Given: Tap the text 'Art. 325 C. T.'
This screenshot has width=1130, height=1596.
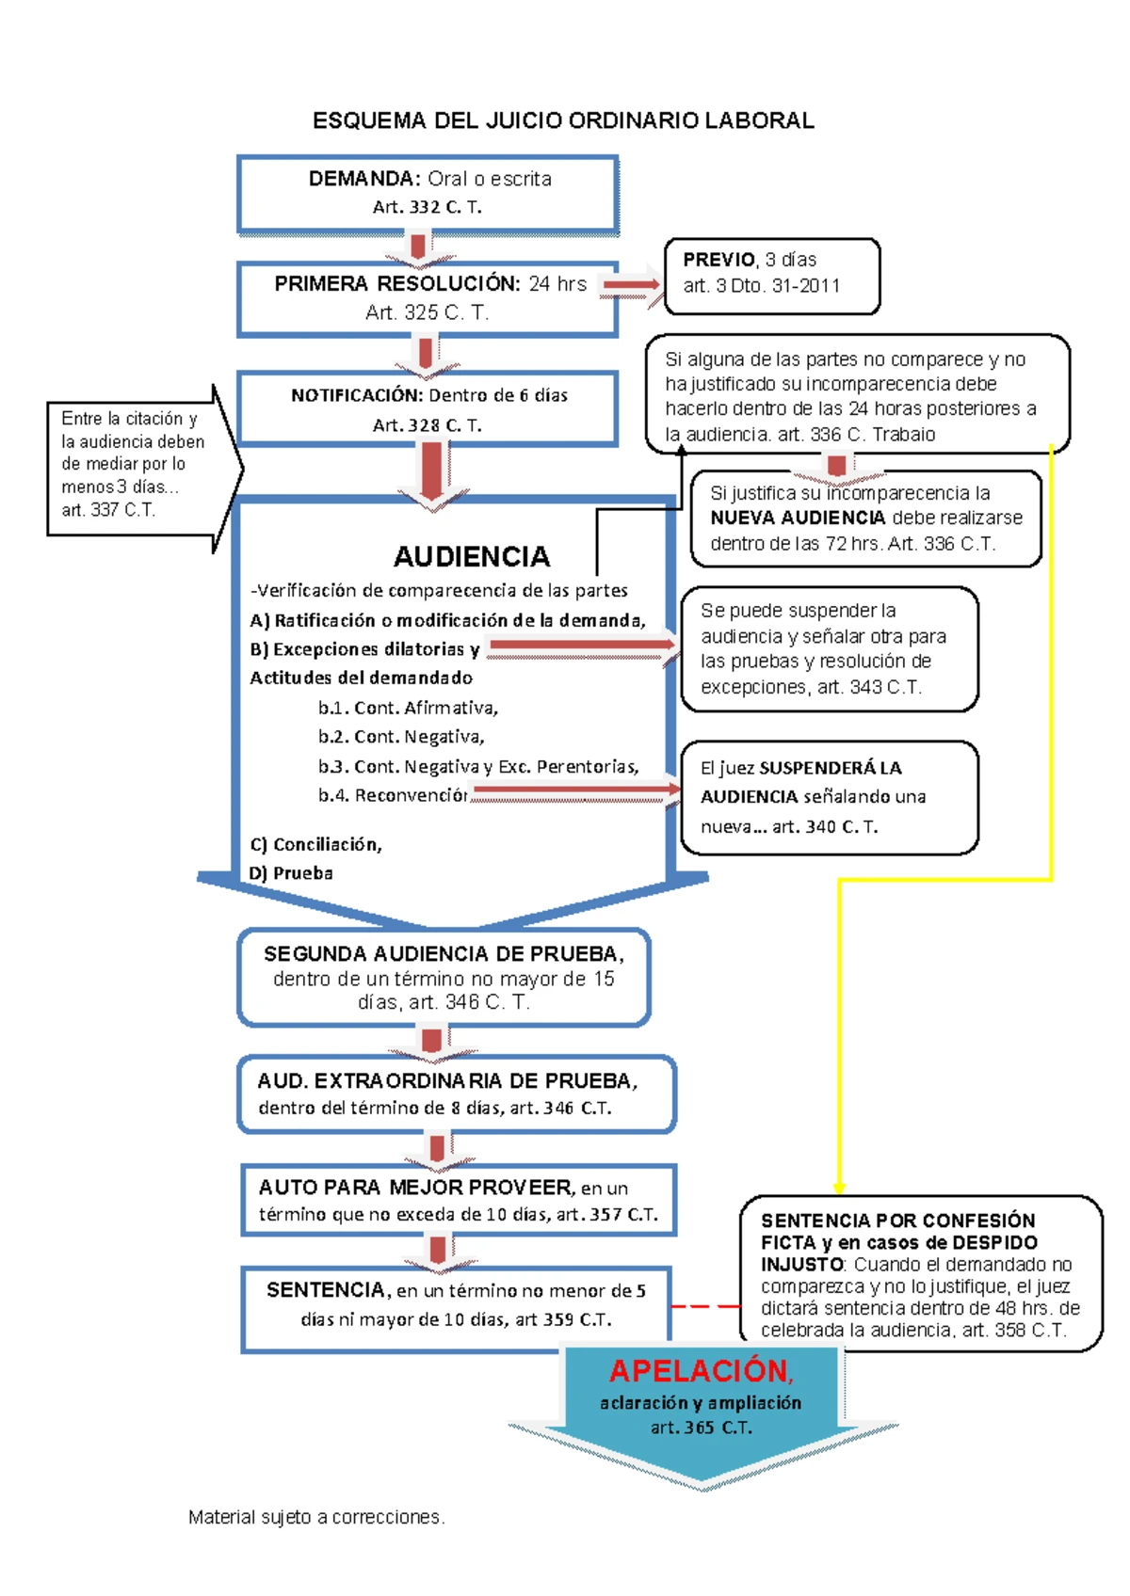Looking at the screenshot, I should click(427, 312).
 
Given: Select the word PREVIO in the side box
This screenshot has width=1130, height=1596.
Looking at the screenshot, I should click(719, 260).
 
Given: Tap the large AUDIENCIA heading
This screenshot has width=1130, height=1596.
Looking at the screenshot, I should click(472, 556).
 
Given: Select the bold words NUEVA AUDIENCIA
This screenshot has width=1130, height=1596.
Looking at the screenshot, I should click(798, 518).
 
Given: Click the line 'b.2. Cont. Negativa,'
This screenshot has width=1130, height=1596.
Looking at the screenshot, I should click(401, 737).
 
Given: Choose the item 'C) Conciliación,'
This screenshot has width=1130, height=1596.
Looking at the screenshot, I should click(316, 844).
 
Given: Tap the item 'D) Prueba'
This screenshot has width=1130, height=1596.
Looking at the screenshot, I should click(291, 873).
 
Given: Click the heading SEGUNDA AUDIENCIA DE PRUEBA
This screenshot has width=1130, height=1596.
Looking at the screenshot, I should click(444, 953).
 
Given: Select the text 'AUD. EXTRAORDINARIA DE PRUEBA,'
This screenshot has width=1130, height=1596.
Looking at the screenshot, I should click(447, 1080).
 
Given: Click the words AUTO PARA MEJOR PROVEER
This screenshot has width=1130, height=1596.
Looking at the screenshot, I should click(416, 1188).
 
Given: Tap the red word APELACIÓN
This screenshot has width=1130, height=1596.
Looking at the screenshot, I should click(702, 1371).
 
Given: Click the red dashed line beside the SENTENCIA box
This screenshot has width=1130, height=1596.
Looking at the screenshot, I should click(705, 1306).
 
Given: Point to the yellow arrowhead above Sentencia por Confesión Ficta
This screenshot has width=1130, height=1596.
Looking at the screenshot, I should click(839, 1189).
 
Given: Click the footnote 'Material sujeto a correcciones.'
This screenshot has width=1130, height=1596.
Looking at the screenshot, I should click(316, 1517).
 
